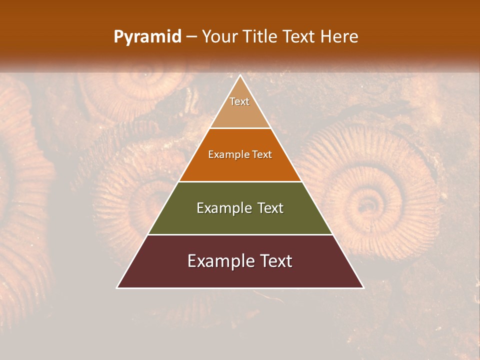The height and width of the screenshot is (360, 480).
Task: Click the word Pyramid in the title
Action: [147, 37]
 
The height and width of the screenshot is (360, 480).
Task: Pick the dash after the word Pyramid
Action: [191, 37]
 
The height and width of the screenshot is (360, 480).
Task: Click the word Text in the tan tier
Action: [239, 101]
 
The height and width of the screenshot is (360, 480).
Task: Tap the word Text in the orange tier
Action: [262, 155]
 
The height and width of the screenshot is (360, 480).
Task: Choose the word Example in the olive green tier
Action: [222, 208]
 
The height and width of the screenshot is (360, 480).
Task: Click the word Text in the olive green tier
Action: [271, 208]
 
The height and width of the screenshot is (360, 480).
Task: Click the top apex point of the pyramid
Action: [240, 75]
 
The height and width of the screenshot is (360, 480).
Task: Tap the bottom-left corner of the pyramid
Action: [117, 288]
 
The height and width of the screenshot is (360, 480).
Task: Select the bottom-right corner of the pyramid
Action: [363, 288]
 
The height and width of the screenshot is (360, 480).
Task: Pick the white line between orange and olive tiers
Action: [240, 181]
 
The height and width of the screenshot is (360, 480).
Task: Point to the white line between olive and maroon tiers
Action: [240, 234]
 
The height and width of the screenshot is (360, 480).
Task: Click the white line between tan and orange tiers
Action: [240, 128]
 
